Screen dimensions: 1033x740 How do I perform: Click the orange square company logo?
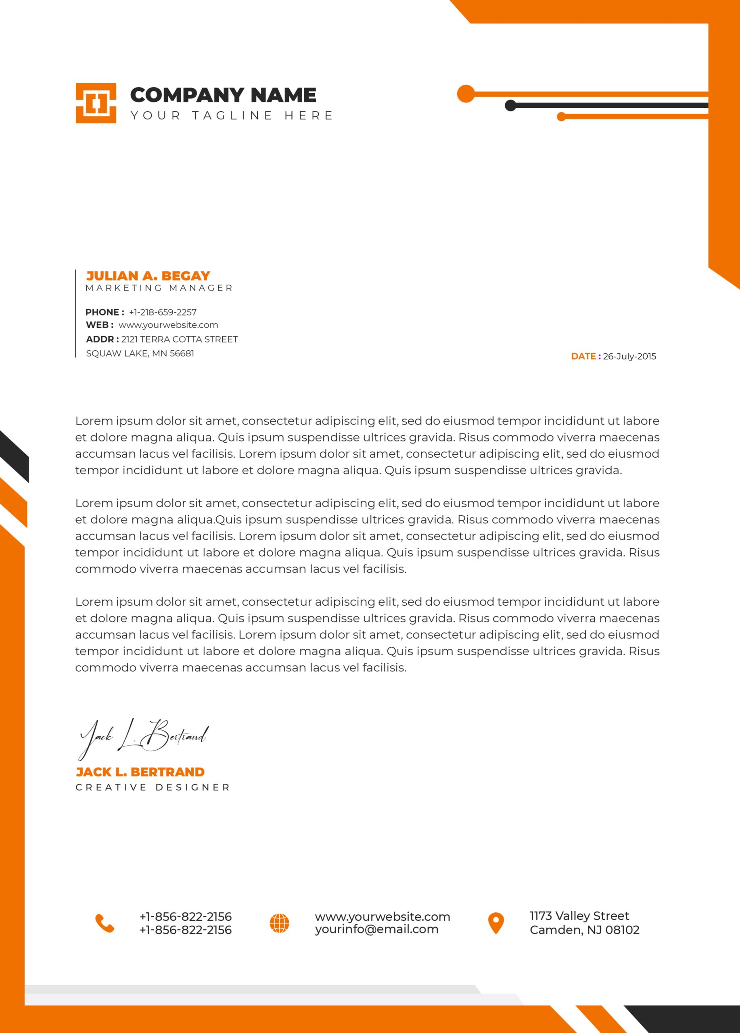tap(96, 103)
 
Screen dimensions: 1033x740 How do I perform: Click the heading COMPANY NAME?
tap(223, 95)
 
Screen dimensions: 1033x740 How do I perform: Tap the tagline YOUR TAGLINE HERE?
tap(231, 116)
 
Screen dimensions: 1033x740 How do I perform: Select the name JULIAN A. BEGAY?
tap(148, 276)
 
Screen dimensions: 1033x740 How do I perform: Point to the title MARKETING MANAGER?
tap(159, 288)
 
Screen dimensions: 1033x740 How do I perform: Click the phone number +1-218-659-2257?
tap(163, 312)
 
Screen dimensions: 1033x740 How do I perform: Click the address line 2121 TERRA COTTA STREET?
tap(180, 339)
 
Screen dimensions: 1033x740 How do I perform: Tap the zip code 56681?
tap(182, 353)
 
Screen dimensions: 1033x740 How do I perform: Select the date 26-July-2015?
tap(629, 357)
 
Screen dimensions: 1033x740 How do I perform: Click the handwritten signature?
tap(144, 736)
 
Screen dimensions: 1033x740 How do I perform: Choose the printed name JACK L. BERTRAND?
tap(140, 772)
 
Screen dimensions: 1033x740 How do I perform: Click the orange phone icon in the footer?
tap(105, 923)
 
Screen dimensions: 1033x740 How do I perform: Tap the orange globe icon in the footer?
tap(279, 923)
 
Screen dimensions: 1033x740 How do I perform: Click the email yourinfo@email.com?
tap(376, 930)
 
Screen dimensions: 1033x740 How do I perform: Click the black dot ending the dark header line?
tap(510, 106)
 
